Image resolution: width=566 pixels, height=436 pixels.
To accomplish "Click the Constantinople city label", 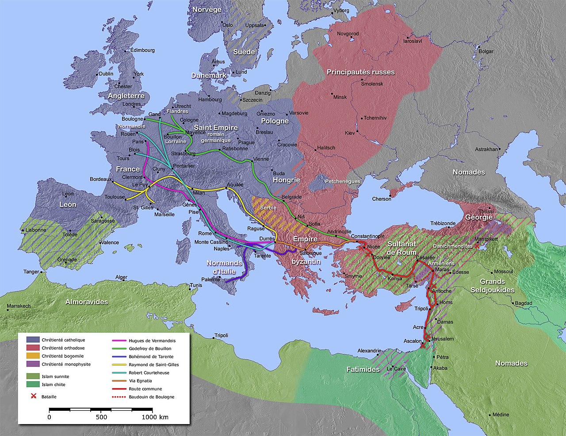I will [x=367, y=236].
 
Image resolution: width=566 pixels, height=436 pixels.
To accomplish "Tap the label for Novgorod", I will [x=348, y=34].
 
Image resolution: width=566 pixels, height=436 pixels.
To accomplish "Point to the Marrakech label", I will [x=19, y=306].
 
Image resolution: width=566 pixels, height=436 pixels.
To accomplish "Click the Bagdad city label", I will [x=524, y=303].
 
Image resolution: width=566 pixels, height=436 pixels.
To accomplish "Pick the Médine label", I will [x=501, y=415].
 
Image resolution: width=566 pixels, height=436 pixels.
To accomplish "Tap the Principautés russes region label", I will [x=360, y=72].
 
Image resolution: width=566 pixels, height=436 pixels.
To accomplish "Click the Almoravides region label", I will [x=87, y=302].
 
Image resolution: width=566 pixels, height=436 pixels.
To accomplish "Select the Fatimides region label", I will [x=363, y=369].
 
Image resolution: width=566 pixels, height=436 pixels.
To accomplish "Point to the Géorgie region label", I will [x=479, y=218].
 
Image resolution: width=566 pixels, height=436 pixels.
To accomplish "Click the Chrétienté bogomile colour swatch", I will [x=33, y=356].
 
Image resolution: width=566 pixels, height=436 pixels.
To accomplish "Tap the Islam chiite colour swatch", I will [x=33, y=384].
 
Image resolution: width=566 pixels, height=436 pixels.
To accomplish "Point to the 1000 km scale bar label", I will [x=155, y=417].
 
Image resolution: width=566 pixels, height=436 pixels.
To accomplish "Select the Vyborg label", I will [x=341, y=10].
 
